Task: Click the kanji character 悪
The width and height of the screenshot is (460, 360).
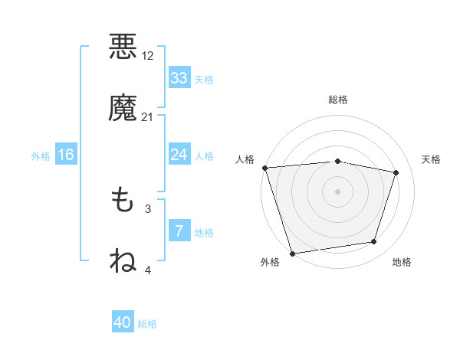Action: (x=123, y=46)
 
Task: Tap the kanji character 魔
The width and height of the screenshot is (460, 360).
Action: (x=123, y=108)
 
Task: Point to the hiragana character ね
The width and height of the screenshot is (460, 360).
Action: (x=123, y=260)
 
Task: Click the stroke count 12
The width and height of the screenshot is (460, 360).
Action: (x=148, y=56)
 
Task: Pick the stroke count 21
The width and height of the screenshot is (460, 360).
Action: (x=148, y=117)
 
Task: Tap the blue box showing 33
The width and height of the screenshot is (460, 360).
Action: (x=179, y=78)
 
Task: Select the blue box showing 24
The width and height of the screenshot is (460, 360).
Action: (x=179, y=155)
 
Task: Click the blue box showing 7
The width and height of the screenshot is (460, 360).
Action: (x=179, y=231)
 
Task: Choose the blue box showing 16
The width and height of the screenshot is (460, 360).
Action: (x=66, y=155)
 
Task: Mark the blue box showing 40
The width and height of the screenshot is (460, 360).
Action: (x=123, y=322)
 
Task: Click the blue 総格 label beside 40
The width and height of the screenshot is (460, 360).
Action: (x=147, y=324)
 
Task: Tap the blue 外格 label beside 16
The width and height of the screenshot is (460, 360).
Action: (x=41, y=156)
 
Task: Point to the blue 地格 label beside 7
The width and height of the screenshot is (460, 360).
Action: (x=204, y=233)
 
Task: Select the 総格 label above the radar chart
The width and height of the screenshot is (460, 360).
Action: (x=337, y=100)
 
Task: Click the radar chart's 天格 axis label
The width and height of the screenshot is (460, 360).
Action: (x=432, y=159)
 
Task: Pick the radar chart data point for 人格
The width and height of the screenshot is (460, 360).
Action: (x=264, y=168)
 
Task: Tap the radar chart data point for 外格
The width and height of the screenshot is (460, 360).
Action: (x=292, y=253)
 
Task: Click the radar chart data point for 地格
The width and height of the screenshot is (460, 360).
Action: (x=374, y=242)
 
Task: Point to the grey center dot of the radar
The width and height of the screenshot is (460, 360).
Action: (x=337, y=191)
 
